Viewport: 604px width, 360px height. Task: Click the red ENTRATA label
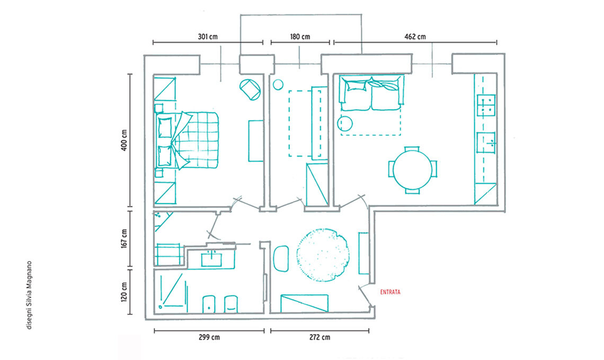(390, 292)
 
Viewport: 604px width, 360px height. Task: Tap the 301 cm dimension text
(208, 37)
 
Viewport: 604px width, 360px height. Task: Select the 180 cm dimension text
(300, 37)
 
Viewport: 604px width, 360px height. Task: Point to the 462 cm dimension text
(415, 37)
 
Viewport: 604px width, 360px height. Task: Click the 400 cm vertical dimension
(124, 140)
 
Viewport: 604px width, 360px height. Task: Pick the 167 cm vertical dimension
(124, 238)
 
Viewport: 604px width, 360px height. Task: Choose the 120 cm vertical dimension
(124, 292)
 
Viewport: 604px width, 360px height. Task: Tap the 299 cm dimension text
(210, 337)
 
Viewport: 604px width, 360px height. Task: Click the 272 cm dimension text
(319, 337)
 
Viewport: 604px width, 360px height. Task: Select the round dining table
(413, 169)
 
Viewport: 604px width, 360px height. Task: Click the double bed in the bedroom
(187, 140)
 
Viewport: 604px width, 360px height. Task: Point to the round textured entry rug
(323, 255)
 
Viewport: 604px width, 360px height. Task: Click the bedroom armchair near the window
(251, 89)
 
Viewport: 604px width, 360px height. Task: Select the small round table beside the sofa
(345, 123)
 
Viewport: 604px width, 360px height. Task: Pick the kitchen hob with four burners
(486, 105)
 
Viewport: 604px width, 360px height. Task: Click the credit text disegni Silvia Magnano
(29, 295)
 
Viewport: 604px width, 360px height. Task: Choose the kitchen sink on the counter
(486, 142)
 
